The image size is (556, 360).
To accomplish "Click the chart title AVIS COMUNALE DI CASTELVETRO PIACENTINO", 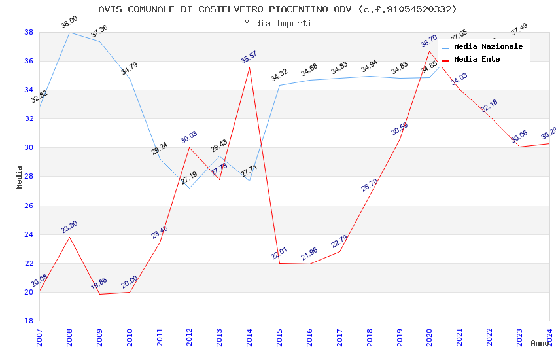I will [277, 9].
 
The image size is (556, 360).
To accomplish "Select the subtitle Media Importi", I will [277, 23].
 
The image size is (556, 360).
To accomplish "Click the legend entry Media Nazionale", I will [488, 46].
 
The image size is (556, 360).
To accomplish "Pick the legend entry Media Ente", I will [477, 59].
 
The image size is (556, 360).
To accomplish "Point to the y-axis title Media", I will [20, 177].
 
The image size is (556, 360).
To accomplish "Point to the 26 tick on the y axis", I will [29, 206].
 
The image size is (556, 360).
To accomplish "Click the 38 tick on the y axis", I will [29, 32].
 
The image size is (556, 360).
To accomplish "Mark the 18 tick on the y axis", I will [29, 321].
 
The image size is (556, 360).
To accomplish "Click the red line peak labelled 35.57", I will [249, 67].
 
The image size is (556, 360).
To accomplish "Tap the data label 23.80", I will [69, 227].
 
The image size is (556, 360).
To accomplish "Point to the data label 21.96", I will [309, 255].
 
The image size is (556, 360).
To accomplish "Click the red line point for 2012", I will [190, 147].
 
